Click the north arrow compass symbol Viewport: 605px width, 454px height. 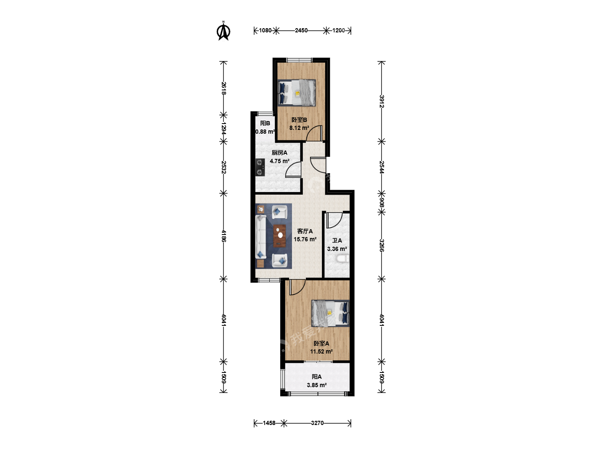[223, 31]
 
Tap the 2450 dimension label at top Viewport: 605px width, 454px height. [301, 30]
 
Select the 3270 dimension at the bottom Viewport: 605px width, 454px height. [317, 423]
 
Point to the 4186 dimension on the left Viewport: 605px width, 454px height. [224, 236]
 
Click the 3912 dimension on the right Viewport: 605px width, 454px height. [381, 101]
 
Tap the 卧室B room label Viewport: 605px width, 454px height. [299, 120]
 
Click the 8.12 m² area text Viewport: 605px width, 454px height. [299, 128]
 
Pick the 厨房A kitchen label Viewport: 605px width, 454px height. [279, 153]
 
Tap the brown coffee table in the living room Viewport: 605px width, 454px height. [279, 236]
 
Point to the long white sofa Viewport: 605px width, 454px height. [260, 237]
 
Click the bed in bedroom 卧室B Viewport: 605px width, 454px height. [297, 93]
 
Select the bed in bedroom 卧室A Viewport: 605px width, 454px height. [331, 314]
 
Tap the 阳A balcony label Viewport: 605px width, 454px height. [317, 377]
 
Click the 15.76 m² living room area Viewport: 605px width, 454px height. [305, 239]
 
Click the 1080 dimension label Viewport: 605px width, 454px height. [265, 30]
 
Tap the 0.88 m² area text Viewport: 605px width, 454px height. [265, 132]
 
